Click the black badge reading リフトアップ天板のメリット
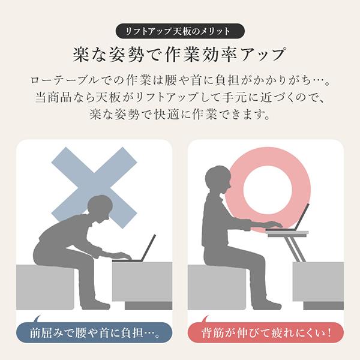pyautogui.click(x=180, y=31)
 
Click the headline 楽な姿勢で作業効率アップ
pyautogui.click(x=179, y=55)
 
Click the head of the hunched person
pyautogui.click(x=100, y=208)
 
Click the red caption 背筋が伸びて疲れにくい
pyautogui.click(x=266, y=332)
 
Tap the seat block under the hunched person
pyautogui.click(x=45, y=287)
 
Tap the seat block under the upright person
pyautogui.click(x=217, y=287)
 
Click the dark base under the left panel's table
pyautogui.click(x=149, y=306)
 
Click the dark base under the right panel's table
pyautogui.click(x=323, y=306)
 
